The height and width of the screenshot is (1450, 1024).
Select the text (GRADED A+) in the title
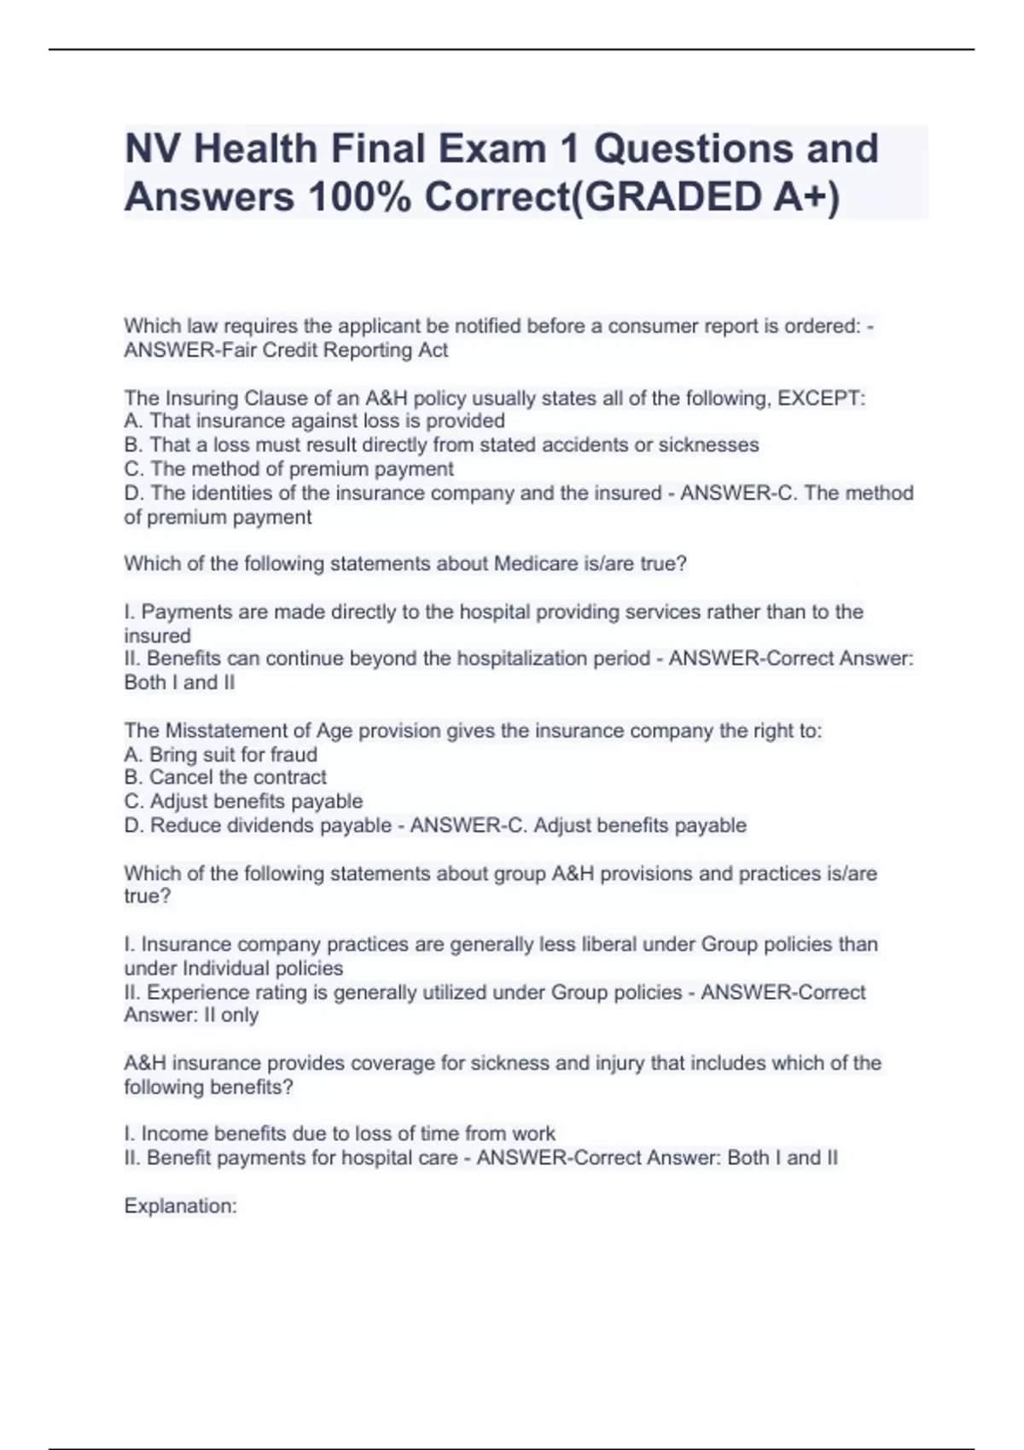(x=704, y=198)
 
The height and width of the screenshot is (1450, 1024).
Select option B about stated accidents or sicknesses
(x=441, y=445)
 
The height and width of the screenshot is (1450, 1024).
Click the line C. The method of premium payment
(x=288, y=469)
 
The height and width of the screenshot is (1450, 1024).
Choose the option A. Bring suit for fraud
(x=220, y=755)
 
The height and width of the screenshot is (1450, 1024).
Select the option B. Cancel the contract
(x=225, y=778)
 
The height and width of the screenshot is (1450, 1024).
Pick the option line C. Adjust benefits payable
(x=243, y=802)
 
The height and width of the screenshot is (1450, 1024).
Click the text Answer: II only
(x=191, y=1016)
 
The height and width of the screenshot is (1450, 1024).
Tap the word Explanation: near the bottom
(x=180, y=1206)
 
